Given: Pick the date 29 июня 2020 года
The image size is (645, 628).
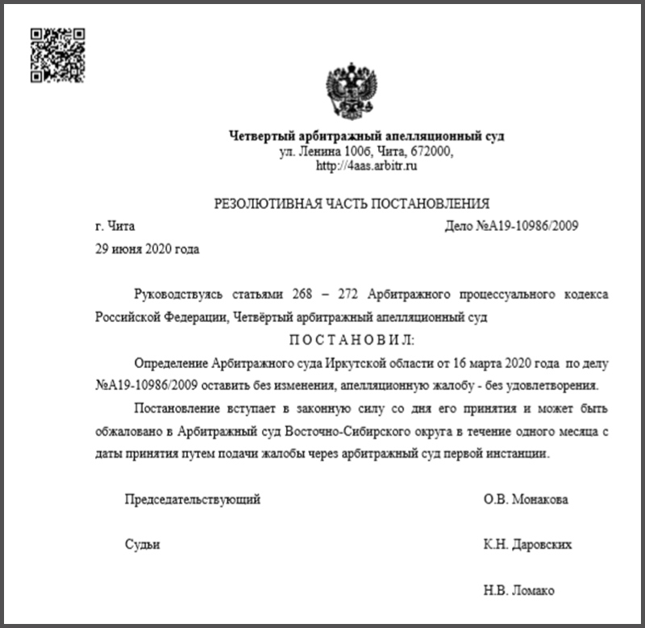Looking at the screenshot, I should pyautogui.click(x=146, y=249).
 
